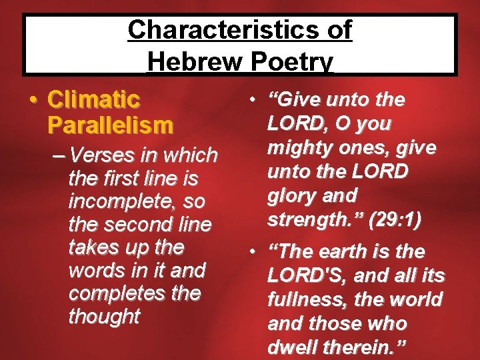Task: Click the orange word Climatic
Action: click(94, 101)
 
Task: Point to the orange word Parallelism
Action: click(110, 125)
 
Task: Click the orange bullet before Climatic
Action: click(33, 101)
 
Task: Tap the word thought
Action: click(104, 316)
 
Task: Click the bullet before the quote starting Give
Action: click(252, 101)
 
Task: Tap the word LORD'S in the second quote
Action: click(305, 275)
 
